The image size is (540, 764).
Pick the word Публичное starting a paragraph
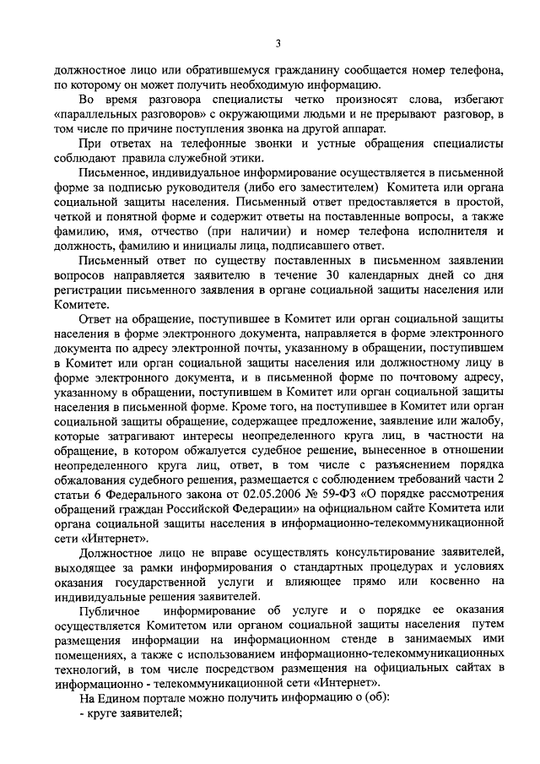click(109, 610)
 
